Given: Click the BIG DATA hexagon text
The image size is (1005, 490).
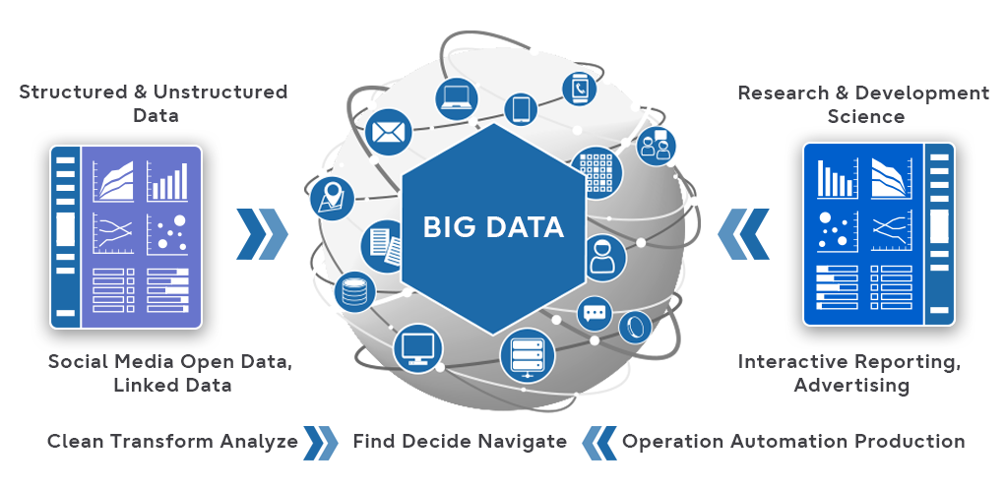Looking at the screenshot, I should pos(493,227).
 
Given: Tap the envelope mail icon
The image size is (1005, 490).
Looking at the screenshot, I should pos(387,131).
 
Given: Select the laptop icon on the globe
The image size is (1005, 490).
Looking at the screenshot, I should pos(457,96).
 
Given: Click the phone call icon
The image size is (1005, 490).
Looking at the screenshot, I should pos(580,89).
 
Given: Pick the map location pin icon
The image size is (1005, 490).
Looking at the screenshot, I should pos(332,198).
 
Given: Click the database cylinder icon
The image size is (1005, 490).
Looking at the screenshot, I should pos(353,291).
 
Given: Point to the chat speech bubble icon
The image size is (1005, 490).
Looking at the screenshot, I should pos(595,314).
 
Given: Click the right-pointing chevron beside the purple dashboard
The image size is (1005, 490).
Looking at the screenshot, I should pos(262,234).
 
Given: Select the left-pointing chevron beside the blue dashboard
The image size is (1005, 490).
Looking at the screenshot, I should pos(743,234).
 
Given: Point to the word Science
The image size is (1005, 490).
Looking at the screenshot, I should pos(864,117).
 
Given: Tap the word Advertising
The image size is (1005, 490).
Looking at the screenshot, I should pos(850,385).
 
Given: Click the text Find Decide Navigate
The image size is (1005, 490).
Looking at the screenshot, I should pos(460,441).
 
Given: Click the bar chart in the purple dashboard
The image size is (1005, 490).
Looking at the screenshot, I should pos(166,181).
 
